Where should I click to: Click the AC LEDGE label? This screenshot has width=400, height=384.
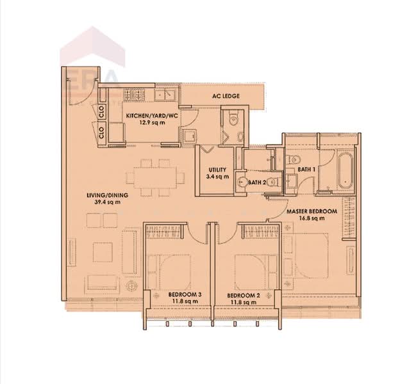[226, 96]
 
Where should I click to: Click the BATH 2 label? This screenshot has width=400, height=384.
[257, 182]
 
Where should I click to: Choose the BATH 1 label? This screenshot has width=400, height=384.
[306, 170]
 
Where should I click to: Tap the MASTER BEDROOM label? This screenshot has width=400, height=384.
[312, 211]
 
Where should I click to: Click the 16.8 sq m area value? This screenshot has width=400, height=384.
[312, 218]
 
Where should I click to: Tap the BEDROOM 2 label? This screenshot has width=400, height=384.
[244, 294]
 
